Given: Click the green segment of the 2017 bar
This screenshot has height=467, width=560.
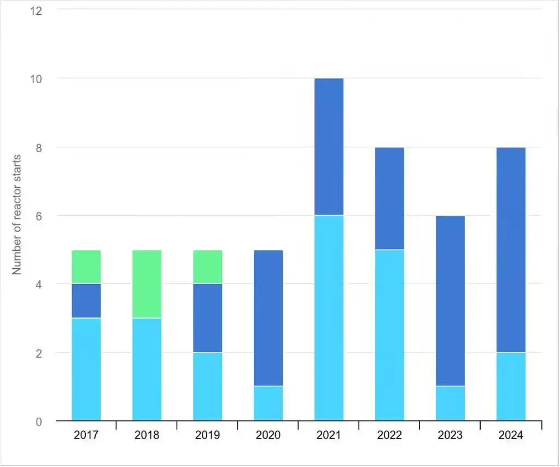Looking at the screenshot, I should pos(86,267).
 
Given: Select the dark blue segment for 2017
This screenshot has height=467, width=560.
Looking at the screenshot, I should pos(86,301).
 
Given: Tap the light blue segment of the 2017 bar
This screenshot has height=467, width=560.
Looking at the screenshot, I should pos(86,369).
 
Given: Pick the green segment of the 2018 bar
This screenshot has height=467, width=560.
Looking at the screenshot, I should pos(147,284).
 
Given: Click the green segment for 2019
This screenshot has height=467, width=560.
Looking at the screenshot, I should pos(207,267).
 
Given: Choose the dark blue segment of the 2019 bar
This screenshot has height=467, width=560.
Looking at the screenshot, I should pos(207,318).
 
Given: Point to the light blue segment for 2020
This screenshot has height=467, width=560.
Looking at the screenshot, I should pos(268,403).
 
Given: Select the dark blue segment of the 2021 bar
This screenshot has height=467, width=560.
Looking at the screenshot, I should pos(329,147).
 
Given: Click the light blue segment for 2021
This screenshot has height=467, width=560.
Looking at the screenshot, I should pos(329,318).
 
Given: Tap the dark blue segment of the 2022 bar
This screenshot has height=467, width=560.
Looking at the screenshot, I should pos(389,198).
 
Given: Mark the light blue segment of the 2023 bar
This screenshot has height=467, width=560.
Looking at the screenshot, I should pos(450,403).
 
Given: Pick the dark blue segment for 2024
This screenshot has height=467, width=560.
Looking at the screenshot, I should pos(511,250).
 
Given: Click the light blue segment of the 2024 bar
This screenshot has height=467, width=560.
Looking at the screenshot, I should pos(511,387).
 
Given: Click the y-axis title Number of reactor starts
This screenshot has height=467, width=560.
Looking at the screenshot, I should pos(17,215).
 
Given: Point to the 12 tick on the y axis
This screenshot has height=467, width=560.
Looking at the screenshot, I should pos(36,10).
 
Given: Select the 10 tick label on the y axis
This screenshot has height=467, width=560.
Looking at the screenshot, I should pos(36,78).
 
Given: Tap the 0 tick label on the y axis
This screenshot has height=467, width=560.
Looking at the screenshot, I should pos(39,421).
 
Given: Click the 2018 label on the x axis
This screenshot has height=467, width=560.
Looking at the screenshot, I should pos(147,436).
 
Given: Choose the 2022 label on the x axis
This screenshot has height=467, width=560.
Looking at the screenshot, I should pos(389,436).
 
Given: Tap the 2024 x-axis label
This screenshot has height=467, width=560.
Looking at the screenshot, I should pos(511,436).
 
